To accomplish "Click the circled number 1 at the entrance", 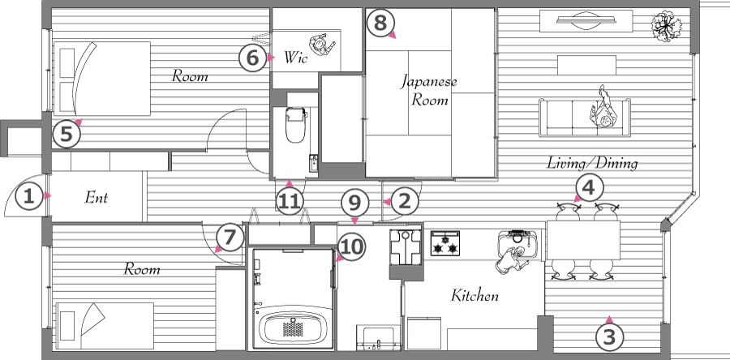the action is tap(29, 197).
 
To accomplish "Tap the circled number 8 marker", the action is tap(380, 23).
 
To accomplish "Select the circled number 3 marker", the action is tap(609, 336).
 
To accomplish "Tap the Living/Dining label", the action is tap(592, 163).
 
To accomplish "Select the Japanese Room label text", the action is tap(429, 91).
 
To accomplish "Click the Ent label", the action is tap(96, 197).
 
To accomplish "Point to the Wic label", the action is tap(295, 58).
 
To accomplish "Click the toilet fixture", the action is tap(295, 125).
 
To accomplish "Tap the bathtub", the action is tap(293, 328).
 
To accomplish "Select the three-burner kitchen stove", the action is tap(445, 243).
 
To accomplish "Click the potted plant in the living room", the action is tap(666, 27).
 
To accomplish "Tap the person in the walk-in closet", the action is tap(323, 45).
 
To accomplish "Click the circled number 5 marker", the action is tap(67, 135).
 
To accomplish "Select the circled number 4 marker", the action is tap(590, 188).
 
